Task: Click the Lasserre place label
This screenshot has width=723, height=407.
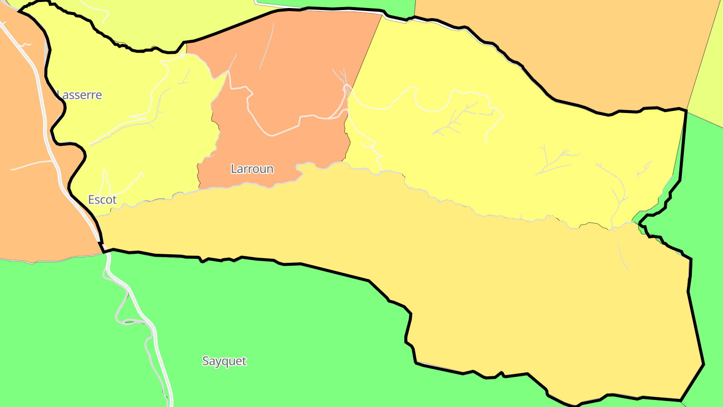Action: [80, 95]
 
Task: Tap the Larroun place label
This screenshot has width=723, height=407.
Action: [252, 169]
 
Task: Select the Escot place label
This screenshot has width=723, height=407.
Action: [102, 200]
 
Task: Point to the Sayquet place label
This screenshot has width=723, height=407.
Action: [224, 361]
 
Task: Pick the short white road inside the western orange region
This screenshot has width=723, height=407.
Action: [30, 165]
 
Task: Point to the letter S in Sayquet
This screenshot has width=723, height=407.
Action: [206, 361]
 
